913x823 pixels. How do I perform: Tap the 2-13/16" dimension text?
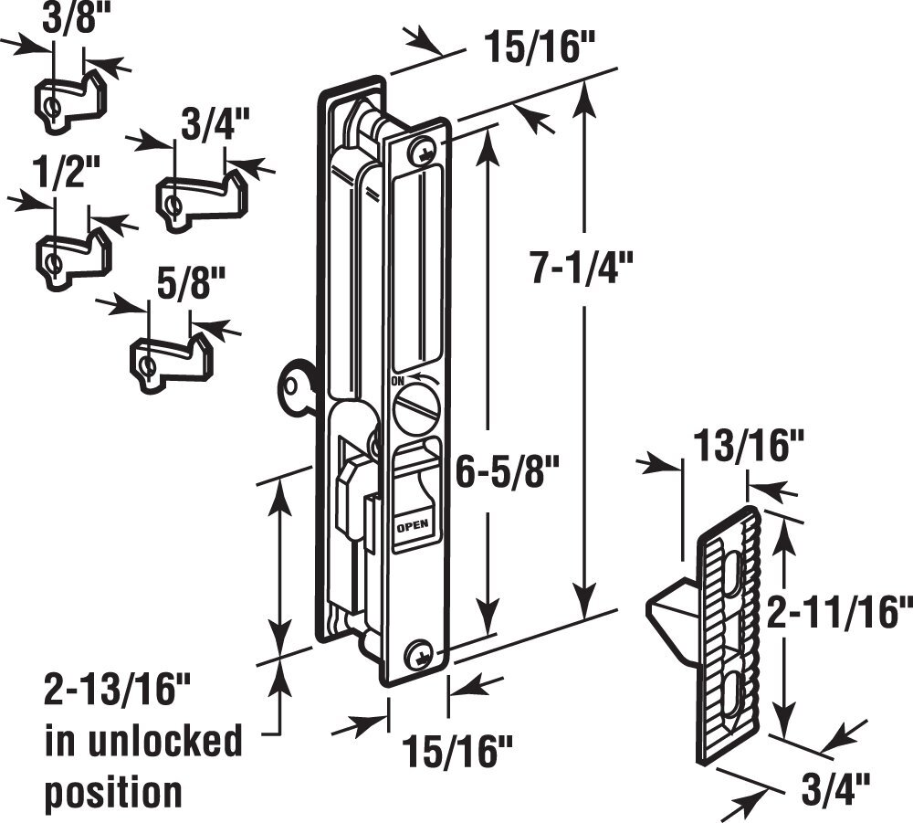110,690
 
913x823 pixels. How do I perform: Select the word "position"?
114,791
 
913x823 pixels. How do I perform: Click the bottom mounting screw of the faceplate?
420,653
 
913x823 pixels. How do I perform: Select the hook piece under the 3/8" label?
71,99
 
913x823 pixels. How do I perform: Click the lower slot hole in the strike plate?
735,690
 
